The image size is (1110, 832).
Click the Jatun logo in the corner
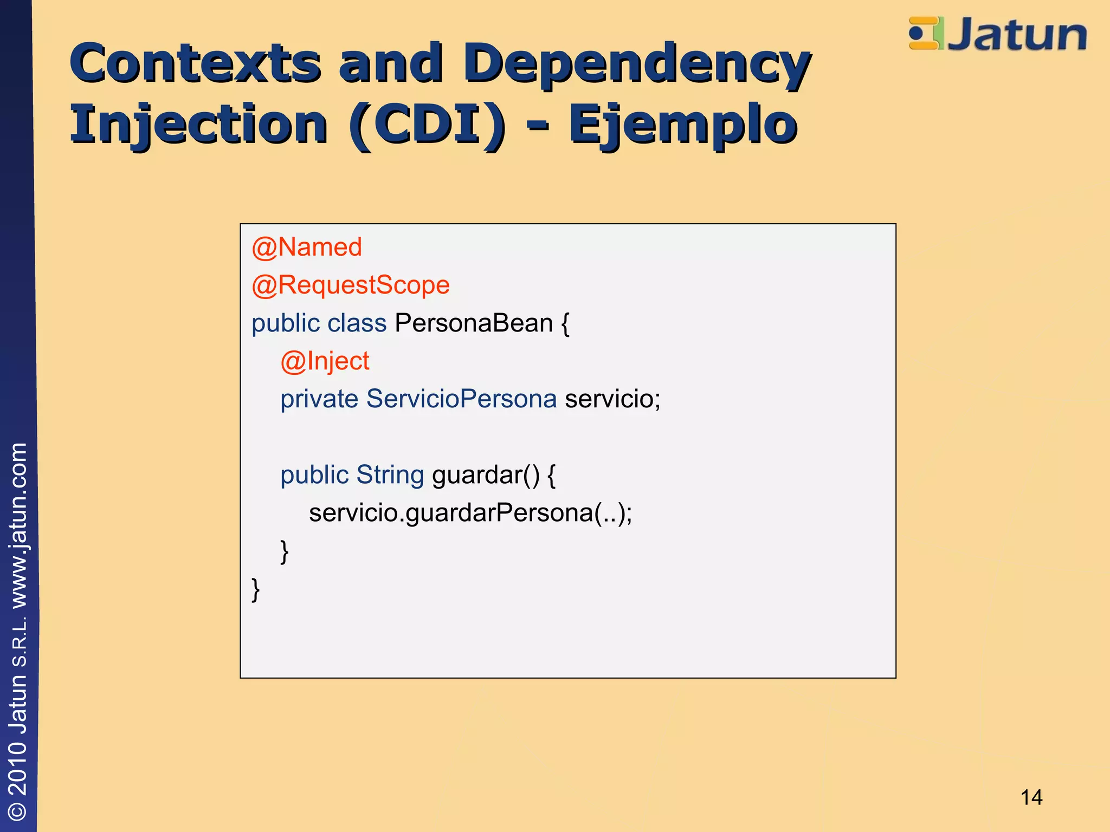[x=997, y=34]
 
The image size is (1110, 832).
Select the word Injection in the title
[x=199, y=125]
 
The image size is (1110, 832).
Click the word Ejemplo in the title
[x=682, y=125]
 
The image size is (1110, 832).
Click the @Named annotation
[x=307, y=248]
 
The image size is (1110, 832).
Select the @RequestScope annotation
[x=351, y=285]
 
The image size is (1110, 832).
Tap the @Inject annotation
[x=325, y=361]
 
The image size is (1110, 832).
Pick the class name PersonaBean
[x=474, y=323]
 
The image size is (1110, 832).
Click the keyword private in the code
[x=319, y=399]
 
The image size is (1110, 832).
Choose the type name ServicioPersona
[x=461, y=399]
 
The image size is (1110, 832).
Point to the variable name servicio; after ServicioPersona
[x=612, y=399]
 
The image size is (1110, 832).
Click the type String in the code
[x=390, y=475]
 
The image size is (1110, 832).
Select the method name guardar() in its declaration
[x=486, y=475]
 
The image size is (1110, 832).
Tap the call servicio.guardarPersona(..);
[x=470, y=513]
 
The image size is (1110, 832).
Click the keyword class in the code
[x=357, y=323]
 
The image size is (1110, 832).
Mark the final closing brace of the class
[x=256, y=589]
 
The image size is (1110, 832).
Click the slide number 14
[x=1031, y=797]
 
